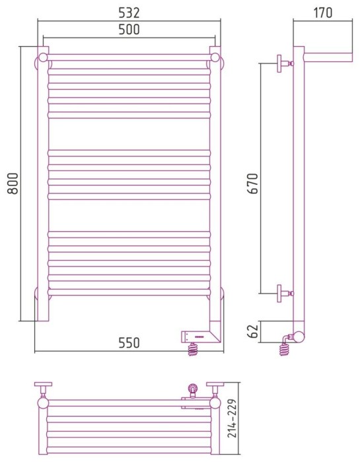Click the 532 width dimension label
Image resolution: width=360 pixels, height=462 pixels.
129,13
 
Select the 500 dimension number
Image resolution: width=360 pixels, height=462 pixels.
129,30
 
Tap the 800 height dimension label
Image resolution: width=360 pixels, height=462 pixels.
13,183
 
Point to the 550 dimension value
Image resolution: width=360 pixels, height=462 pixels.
129,343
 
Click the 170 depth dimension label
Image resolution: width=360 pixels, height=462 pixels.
322,13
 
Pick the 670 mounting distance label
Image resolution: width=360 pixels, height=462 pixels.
253,183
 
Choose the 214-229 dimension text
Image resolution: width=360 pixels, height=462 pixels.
232,418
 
